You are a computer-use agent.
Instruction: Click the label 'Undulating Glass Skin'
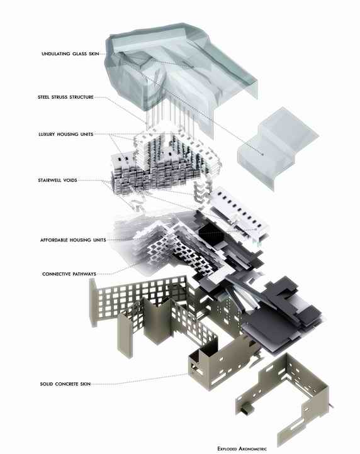pos(70,54)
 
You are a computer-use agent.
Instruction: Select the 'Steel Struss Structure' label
pos(65,97)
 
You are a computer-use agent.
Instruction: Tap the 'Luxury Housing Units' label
pos(66,135)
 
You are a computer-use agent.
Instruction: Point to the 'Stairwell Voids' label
pos(57,180)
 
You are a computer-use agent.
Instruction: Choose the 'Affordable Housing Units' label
pos(73,240)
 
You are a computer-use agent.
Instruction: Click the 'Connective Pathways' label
pos(69,274)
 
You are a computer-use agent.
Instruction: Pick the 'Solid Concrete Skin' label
pos(65,384)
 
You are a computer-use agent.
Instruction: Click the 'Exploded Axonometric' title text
pos(242,449)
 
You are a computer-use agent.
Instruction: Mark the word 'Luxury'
pos(47,135)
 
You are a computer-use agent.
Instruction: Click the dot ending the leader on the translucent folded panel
pos(263,154)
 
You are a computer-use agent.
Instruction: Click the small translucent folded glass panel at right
pos(277,148)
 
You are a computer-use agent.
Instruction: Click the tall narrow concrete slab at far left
pos(93,302)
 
